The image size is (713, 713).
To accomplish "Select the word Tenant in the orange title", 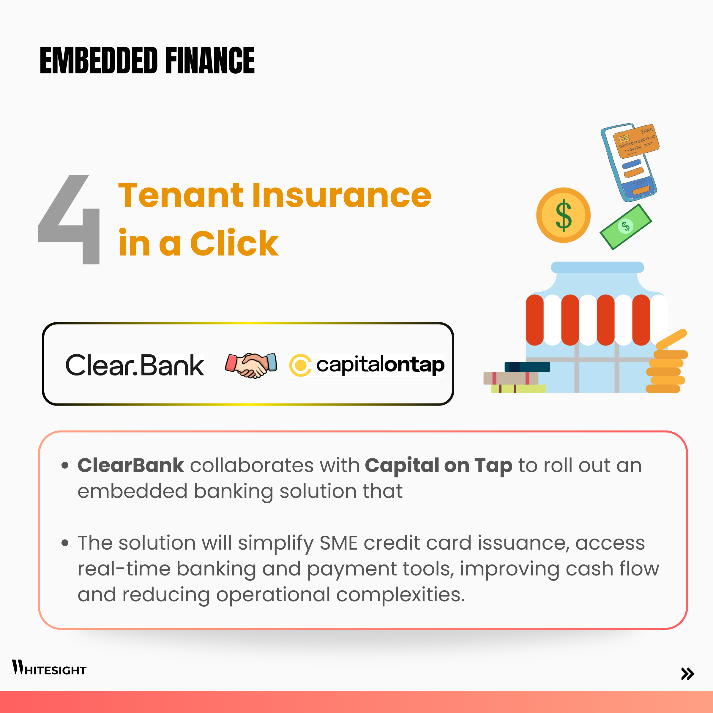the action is click(180, 195).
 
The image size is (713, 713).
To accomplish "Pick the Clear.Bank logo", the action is click(135, 365).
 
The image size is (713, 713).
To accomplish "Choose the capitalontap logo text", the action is click(381, 365).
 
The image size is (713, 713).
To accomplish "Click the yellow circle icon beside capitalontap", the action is click(300, 365).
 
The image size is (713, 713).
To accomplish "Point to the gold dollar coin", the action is click(563, 215).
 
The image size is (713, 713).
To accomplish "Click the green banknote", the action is click(626, 227).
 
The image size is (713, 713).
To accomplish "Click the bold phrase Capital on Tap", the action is click(439, 466).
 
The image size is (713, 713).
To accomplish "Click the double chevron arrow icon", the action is click(687, 673).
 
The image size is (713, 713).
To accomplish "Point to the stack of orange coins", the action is click(666, 365).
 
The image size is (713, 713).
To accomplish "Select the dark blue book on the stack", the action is click(527, 367).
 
